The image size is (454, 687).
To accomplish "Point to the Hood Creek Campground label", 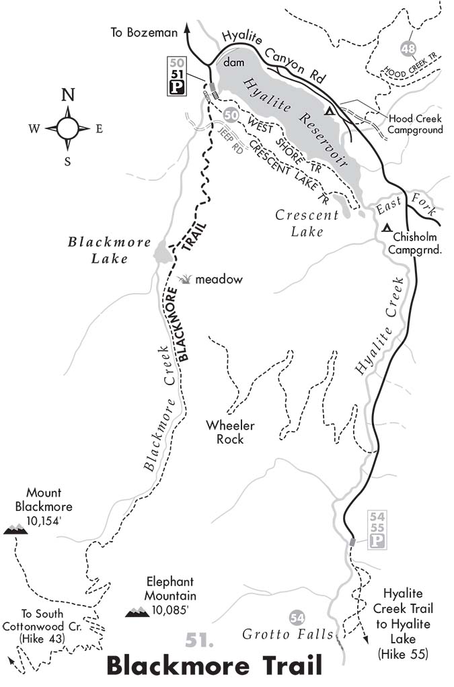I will tap(416, 124).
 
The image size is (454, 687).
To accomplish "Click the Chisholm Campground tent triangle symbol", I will tap(386, 229).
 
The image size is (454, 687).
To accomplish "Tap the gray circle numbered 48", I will tap(407, 48).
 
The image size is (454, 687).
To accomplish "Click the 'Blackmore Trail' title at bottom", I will tap(215, 665).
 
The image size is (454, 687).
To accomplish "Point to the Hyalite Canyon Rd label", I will tap(272, 50).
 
